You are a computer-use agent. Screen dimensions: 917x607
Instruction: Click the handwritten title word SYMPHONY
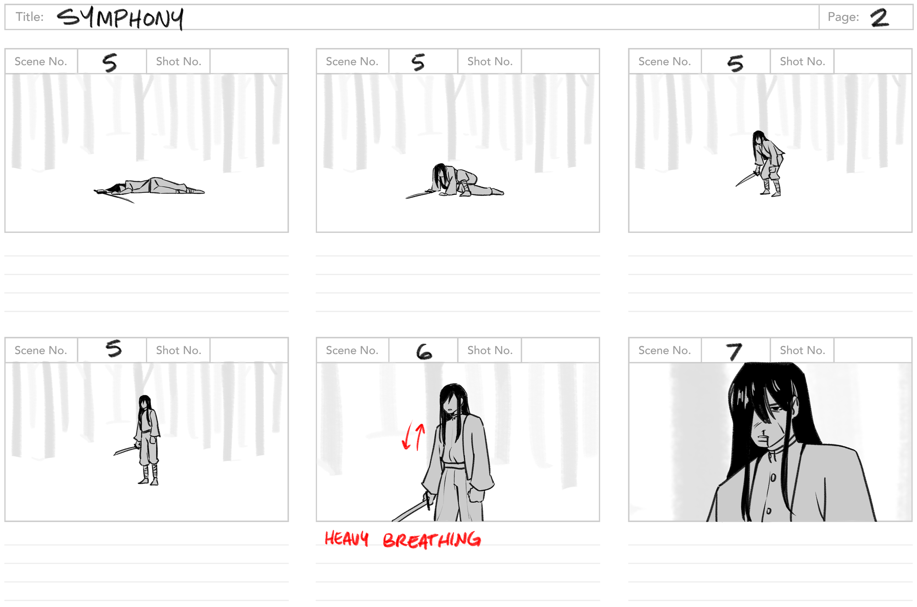coord(120,18)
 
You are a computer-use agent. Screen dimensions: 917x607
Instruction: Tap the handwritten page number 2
coord(880,18)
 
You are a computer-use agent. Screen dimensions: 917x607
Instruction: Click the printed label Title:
coord(29,17)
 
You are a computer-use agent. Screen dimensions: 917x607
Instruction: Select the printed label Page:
coord(843,17)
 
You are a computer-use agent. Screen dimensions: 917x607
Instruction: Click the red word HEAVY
coord(346,538)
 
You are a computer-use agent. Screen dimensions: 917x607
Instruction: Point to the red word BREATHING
coord(432,540)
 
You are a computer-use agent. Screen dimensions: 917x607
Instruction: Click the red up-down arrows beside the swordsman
coord(413,436)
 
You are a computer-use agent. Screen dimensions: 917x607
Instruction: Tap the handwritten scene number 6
coord(424,351)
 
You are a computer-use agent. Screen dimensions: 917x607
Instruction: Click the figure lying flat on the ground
coord(149,188)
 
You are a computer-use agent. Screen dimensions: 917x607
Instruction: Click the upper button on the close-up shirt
coord(773,478)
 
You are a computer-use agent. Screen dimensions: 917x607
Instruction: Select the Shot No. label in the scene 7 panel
coord(803,350)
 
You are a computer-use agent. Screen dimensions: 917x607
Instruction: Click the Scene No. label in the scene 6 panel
coord(352,350)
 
